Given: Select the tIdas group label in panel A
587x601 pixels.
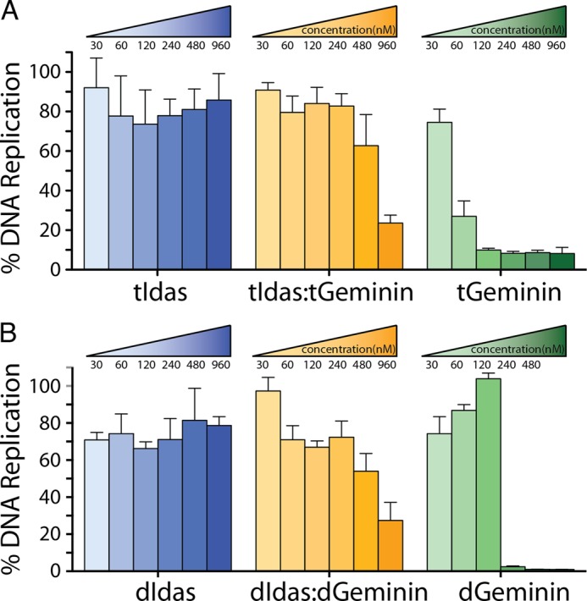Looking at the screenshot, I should [x=159, y=295].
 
